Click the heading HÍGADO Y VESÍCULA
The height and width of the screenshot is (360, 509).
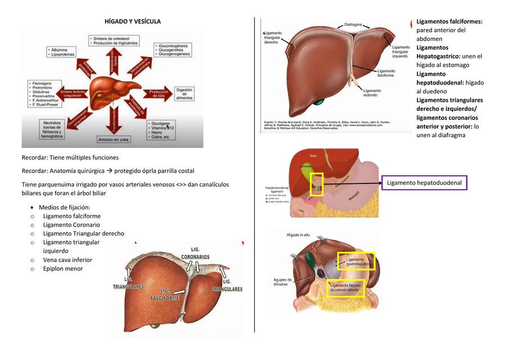[x=133, y=21]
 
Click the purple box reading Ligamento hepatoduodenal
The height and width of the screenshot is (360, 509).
[x=425, y=183]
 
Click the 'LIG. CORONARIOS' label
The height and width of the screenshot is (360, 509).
[x=195, y=253]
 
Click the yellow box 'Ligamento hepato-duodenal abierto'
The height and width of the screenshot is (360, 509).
[x=346, y=288]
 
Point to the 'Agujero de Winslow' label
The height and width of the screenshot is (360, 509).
[x=283, y=282]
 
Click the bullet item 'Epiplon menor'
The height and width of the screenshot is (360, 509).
[x=63, y=268]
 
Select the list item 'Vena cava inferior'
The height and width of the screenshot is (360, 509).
[x=67, y=260]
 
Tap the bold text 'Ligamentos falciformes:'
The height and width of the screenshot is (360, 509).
[x=449, y=21]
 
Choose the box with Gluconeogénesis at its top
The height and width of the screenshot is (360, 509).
[x=176, y=49]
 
